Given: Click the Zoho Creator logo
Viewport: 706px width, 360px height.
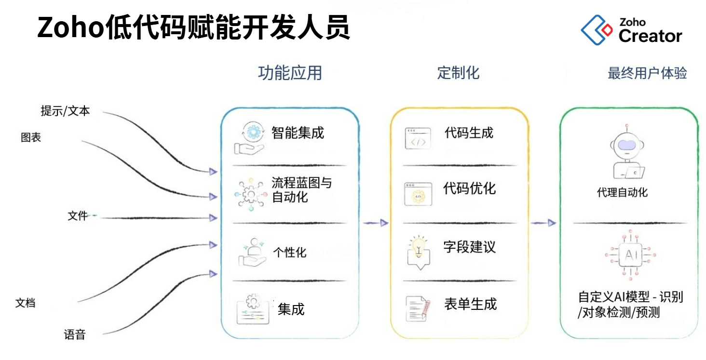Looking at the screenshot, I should [x=631, y=30].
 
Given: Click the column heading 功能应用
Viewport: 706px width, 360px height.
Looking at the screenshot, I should [x=289, y=73].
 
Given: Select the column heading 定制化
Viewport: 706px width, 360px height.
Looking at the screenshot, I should [x=458, y=73].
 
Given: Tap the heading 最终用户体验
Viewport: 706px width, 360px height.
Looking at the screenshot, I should [x=647, y=73].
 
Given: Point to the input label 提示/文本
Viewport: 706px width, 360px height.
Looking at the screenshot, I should [x=65, y=111].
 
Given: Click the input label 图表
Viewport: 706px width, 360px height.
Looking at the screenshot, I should [x=31, y=138].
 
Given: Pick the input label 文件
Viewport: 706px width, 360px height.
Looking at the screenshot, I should [x=78, y=216].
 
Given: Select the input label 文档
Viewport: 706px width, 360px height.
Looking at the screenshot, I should [x=26, y=303].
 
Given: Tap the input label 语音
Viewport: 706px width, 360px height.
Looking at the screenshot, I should [x=75, y=335].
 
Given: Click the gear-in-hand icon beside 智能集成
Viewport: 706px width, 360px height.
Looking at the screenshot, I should [x=250, y=138].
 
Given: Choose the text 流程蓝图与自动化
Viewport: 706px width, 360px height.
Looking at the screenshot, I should [x=301, y=190].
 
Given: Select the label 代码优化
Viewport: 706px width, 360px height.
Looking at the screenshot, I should [x=469, y=188].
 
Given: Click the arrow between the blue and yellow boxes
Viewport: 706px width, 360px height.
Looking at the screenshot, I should [x=376, y=223].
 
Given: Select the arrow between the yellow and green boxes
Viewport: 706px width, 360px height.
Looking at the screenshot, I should [x=543, y=223].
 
